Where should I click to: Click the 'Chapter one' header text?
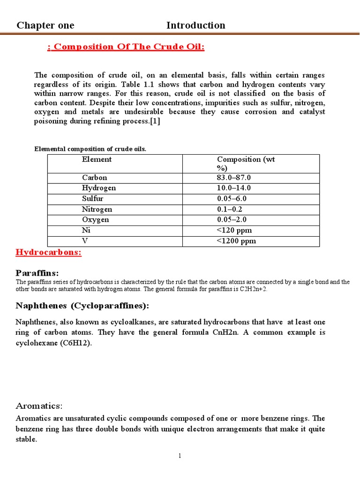45,25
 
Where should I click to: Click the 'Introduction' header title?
195,25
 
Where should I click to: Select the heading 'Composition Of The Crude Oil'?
126,47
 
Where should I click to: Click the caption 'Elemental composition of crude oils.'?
90,149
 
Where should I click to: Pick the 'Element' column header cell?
97,159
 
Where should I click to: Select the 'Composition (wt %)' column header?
246,164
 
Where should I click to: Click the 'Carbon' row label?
94,178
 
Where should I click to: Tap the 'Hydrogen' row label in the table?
98,188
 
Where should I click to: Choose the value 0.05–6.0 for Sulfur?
232,199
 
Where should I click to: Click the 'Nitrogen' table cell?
97,210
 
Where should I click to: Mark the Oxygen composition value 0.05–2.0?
232,220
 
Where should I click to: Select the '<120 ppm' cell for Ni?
233,231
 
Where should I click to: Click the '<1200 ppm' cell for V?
236,241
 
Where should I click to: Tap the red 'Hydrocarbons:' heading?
49,253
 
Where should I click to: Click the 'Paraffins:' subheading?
37,273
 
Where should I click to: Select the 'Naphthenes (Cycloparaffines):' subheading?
82,306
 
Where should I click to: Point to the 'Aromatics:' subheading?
39,406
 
